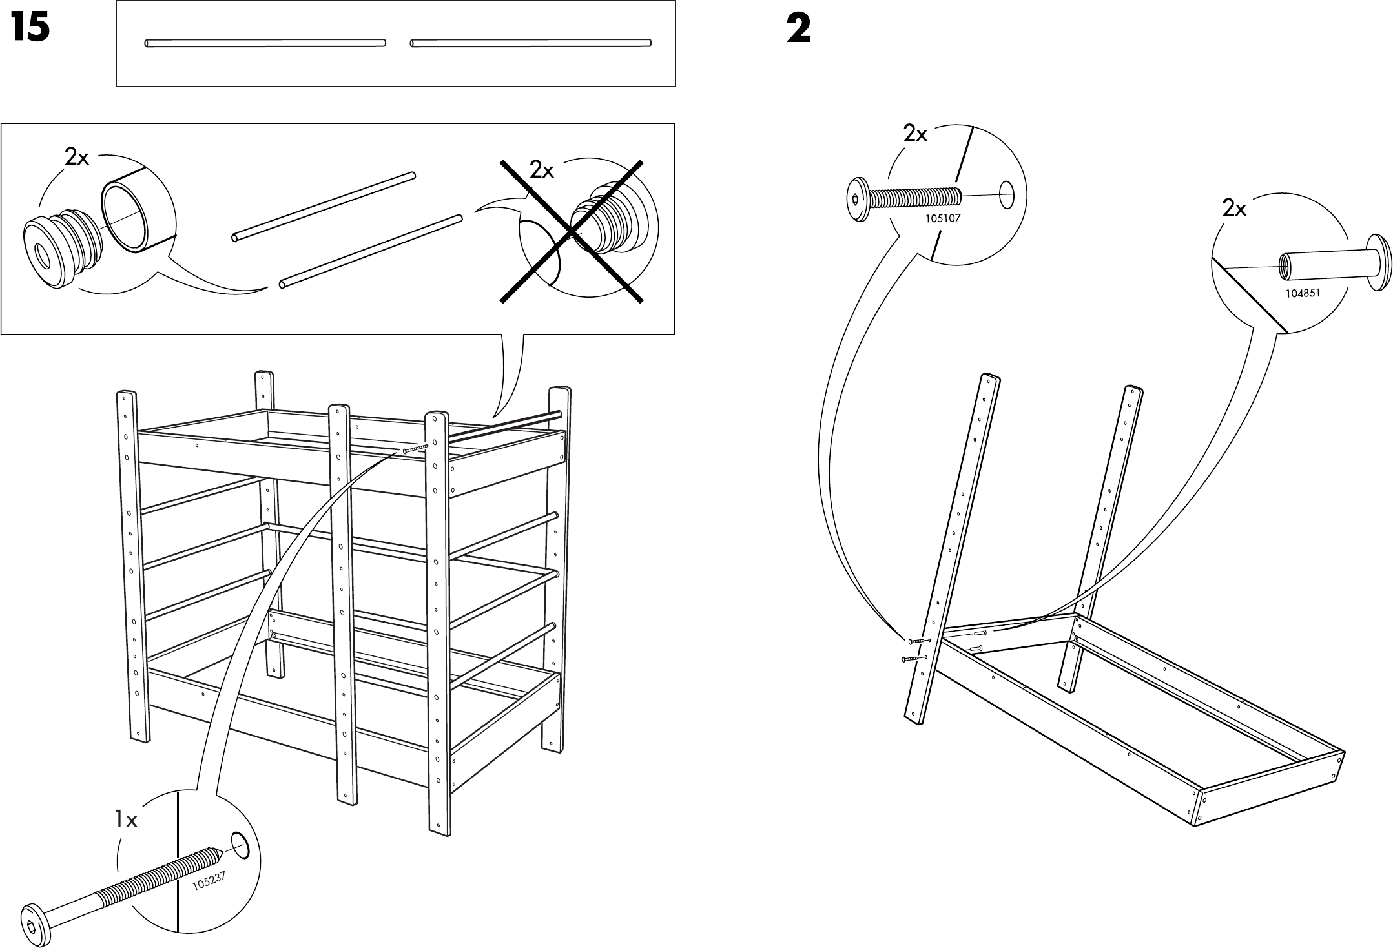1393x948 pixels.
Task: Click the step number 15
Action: [30, 29]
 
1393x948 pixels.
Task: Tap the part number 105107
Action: [943, 218]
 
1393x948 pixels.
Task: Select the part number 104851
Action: [1303, 293]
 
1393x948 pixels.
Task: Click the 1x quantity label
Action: [126, 820]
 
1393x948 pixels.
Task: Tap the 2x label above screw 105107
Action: [915, 134]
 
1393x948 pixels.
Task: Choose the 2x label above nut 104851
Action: [1234, 209]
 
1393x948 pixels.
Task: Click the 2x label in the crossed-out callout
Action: [542, 170]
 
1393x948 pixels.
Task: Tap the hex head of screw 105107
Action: [857, 200]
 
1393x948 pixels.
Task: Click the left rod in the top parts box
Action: [265, 43]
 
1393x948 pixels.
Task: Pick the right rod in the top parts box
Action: [530, 43]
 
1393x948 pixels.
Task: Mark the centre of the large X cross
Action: [572, 231]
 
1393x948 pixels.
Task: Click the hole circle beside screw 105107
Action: [1006, 195]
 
